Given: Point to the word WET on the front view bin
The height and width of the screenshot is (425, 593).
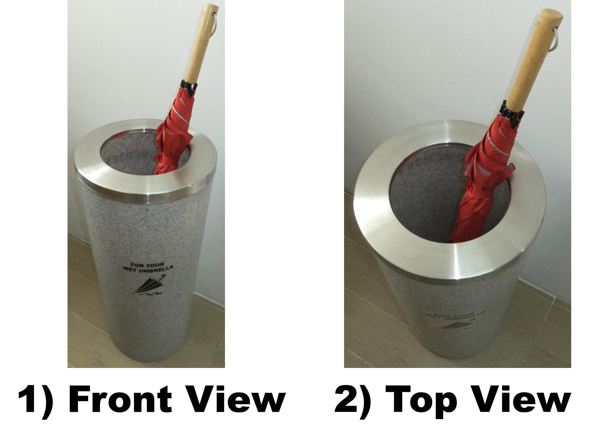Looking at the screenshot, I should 130,270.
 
